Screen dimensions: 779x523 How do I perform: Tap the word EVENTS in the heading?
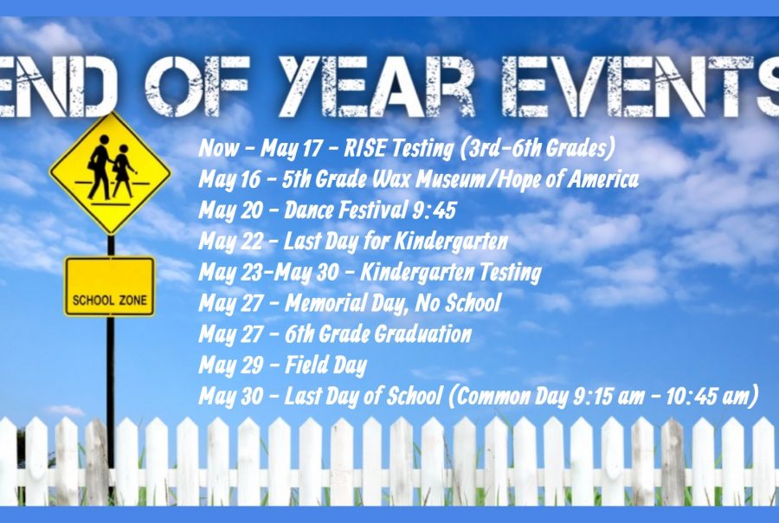pos(641,86)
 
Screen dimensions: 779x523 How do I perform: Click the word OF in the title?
pos(196,86)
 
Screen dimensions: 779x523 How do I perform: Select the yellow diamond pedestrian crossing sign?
pos(110,173)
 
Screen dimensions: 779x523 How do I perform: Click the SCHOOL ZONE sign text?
pos(110,300)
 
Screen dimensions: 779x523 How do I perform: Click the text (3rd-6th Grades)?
pos(538,149)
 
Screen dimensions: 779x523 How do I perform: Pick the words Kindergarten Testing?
pos(451,273)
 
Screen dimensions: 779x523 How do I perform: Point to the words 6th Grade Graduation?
pos(377,334)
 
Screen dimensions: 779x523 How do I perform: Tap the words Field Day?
pos(325,365)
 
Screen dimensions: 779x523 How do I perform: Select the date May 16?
pos(229,180)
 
